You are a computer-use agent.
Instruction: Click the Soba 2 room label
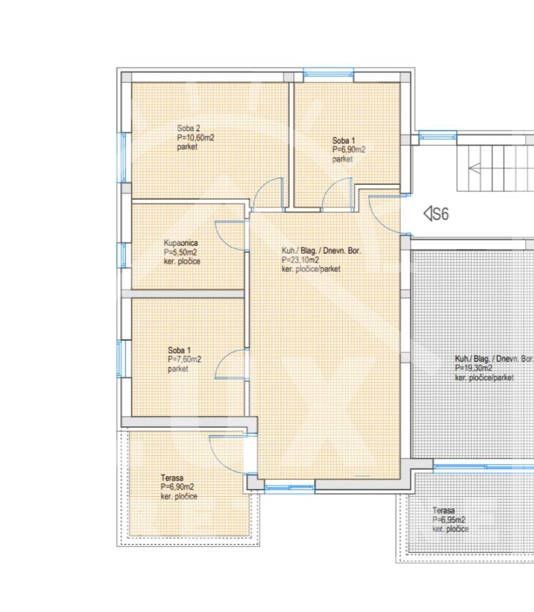pos(188,128)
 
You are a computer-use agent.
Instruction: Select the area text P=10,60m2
pos(195,138)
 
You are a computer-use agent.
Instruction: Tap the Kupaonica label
pos(181,243)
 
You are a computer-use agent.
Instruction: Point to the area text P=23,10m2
pos(300,260)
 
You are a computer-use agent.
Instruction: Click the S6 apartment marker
pos(436,213)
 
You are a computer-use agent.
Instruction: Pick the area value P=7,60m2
pos(184,360)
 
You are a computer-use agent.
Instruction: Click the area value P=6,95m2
pos(449,520)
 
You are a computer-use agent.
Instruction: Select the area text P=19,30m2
pos(473,368)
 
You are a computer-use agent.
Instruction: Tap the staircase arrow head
pos(474,169)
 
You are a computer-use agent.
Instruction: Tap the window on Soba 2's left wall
pos(123,157)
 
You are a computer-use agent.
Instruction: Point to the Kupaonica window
pos(123,256)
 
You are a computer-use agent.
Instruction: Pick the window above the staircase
pos(438,136)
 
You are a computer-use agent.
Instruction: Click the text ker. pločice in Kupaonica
pos(182,261)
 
